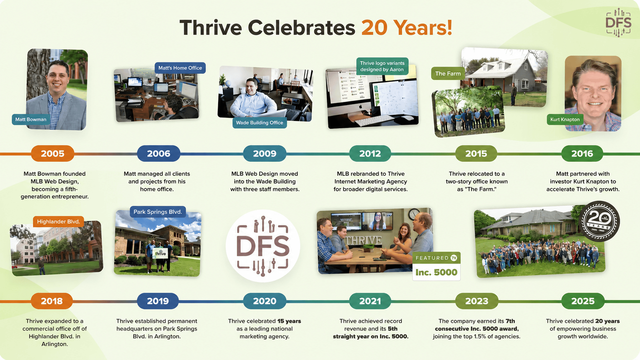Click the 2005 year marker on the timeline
[x=52, y=153]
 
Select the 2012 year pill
[x=370, y=153]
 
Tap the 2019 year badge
[x=158, y=301]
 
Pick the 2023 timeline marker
[x=477, y=301]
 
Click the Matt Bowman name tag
[x=31, y=119]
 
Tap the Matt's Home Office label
[x=180, y=68]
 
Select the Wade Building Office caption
[x=260, y=123]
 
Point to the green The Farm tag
[x=448, y=74]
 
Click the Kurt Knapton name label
[x=565, y=119]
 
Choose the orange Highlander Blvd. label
[x=58, y=222]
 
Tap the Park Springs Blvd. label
[x=158, y=212]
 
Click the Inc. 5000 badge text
[x=436, y=272]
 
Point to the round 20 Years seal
[x=599, y=221]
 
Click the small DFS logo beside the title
[x=618, y=23]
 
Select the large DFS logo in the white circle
[x=263, y=246]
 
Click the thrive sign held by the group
[x=160, y=253]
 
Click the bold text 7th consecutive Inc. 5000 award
[x=477, y=325]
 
